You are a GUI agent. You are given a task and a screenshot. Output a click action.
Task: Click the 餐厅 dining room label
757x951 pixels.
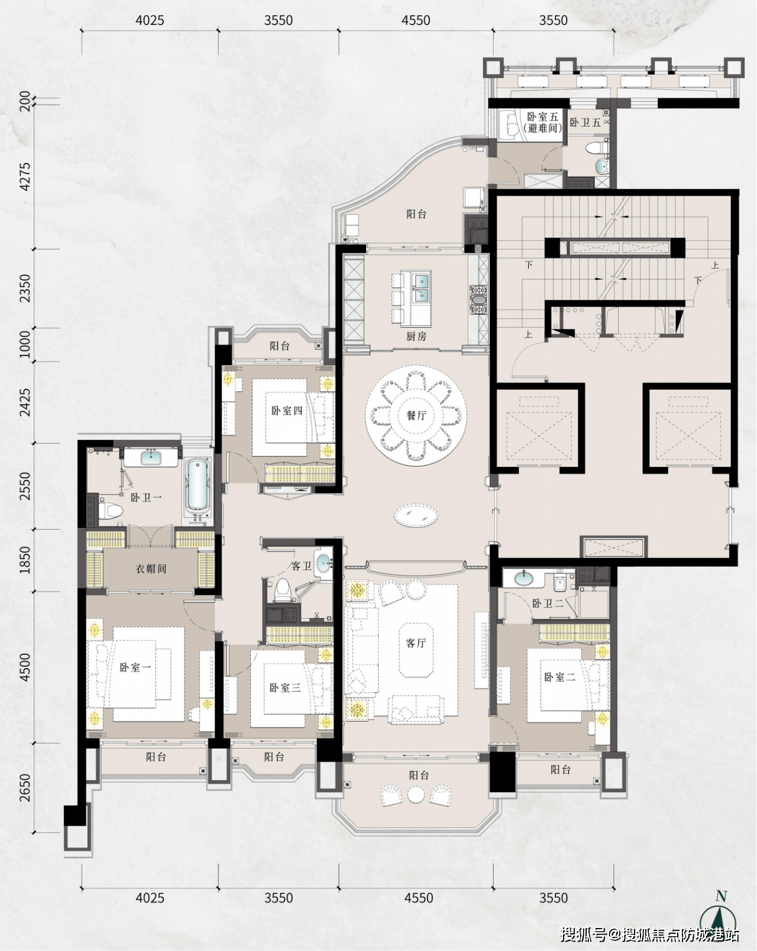[416, 415]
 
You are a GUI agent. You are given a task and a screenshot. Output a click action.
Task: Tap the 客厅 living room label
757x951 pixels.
[416, 642]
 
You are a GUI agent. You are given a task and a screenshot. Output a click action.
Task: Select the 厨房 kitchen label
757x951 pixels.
[416, 336]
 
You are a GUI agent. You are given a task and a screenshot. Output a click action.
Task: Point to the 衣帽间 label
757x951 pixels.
[151, 569]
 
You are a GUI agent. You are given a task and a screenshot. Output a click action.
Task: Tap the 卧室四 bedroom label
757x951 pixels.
[286, 411]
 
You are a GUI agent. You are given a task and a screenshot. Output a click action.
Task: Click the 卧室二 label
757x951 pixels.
[559, 677]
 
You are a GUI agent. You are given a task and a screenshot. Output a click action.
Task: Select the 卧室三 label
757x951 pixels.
[284, 687]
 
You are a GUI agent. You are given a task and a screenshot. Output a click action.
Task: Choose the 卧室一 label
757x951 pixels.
[135, 667]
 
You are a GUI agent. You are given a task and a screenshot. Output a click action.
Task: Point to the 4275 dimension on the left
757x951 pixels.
[25, 177]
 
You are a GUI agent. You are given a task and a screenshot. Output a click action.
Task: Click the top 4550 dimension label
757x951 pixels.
[416, 20]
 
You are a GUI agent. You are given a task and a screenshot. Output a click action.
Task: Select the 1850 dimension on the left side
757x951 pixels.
[25, 560]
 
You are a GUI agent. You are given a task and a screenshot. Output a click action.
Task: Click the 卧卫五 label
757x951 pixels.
[585, 122]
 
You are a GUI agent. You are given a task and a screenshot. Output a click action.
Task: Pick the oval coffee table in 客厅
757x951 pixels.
[416, 515]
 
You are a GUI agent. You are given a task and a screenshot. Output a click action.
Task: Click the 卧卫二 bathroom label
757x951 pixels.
[548, 603]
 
